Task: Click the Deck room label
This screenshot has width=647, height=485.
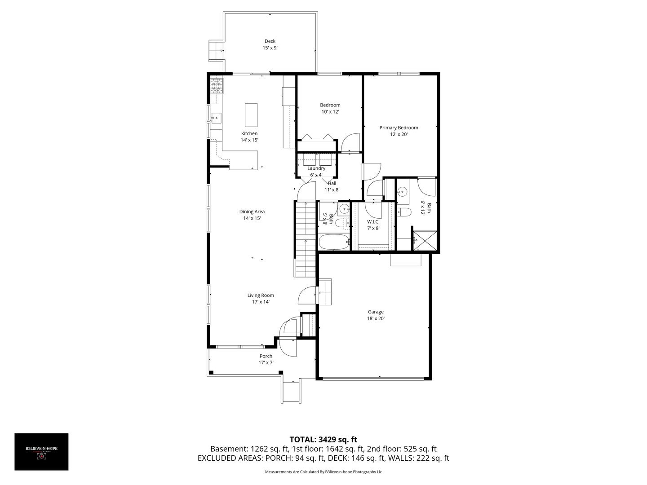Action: coord(270,41)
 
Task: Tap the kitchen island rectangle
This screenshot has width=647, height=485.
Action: coord(251,115)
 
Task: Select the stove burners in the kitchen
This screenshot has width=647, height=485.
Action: coord(217,85)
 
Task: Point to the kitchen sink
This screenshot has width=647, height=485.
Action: coord(216,118)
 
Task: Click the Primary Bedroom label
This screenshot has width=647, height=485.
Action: coord(399,128)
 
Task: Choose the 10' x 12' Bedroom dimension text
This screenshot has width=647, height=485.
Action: coord(330,112)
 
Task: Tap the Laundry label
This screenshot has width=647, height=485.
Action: coord(316,168)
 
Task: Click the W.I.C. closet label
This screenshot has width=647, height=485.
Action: coord(373,221)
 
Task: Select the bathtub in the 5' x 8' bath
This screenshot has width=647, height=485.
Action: coord(333,242)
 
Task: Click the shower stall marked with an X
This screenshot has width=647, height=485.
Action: coord(425,240)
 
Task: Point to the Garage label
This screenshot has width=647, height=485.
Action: coord(376,312)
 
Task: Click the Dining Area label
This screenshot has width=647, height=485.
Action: coord(252,212)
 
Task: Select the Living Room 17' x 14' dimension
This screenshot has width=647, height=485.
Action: coord(261,302)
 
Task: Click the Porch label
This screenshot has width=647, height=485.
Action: coord(266,356)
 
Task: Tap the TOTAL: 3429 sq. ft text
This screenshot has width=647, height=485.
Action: coord(323,439)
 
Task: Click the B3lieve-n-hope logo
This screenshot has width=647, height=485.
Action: coord(41,452)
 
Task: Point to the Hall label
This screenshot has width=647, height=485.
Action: coord(332,183)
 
